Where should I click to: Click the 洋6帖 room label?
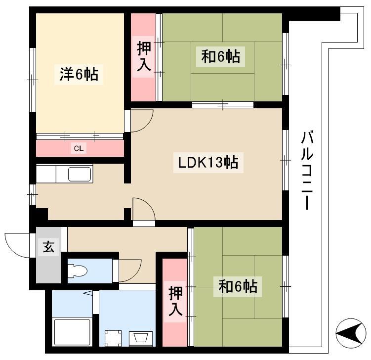pos(79,74)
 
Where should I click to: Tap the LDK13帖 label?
pos(208,163)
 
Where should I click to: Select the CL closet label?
pos(79,148)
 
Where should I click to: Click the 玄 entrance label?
pos(48,247)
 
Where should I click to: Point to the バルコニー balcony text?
pos(307,170)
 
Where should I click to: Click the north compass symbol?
pos(351,333)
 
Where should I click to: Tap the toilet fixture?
pos(77,270)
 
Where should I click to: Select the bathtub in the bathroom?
pos(72,332)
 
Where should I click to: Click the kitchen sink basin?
pos(80,174)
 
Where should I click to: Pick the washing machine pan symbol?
pos(113,338)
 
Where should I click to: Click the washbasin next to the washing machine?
pos(140,338)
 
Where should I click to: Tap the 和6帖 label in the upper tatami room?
pos(220,57)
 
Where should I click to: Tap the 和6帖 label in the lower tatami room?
pos(238,287)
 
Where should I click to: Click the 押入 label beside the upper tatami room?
pos(144,56)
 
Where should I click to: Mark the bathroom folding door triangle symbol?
pos(88,293)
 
